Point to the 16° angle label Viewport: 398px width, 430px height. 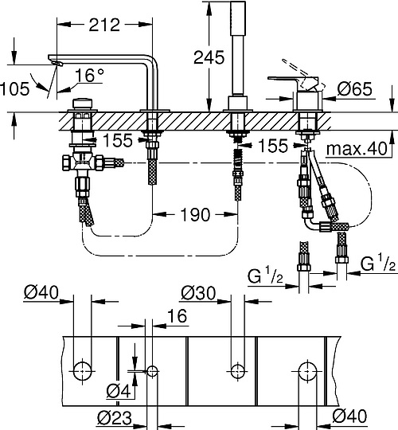91,76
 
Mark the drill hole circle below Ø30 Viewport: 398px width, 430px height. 236,369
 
